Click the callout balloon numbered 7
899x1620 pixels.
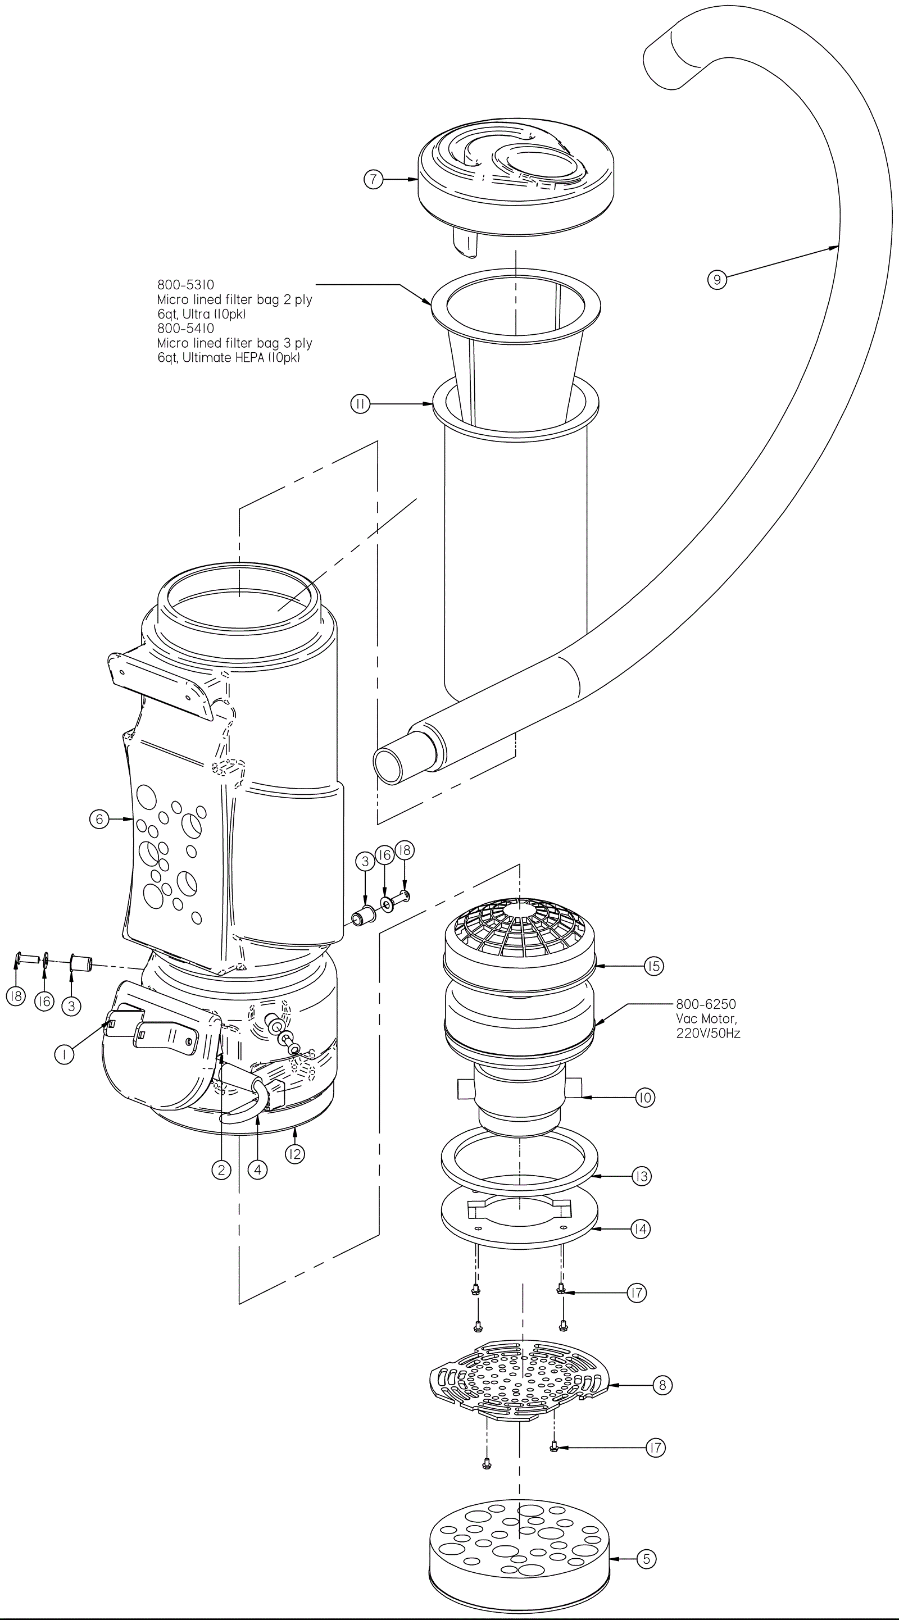[x=374, y=179]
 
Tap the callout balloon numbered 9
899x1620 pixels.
[x=717, y=279]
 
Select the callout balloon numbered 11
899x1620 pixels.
[x=361, y=404]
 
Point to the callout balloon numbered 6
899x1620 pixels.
[x=99, y=820]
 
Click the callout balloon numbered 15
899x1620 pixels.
[x=653, y=966]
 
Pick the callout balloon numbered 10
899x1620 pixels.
[x=645, y=1098]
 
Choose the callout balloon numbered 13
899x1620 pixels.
[x=641, y=1176]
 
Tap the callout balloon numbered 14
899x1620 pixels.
[x=641, y=1228]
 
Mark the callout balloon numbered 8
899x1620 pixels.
[x=662, y=1385]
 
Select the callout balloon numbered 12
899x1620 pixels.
[x=294, y=1154]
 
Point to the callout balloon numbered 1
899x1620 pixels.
[x=64, y=1055]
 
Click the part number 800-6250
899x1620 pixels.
[x=706, y=1004]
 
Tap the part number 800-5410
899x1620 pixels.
[x=185, y=328]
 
